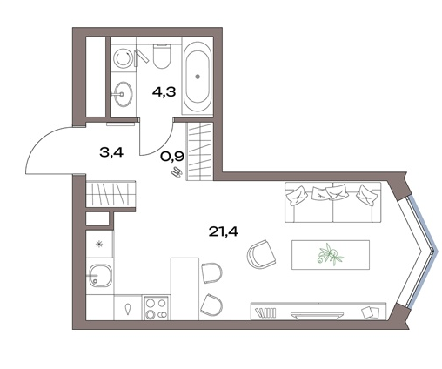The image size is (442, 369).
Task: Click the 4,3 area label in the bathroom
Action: click(x=164, y=92)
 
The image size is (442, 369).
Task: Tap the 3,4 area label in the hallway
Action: click(x=111, y=152)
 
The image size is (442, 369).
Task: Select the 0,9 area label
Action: click(x=172, y=157)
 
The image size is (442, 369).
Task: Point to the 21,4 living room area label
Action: click(x=224, y=231)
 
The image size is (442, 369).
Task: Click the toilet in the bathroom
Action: click(x=161, y=56)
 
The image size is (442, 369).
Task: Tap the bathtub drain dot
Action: click(x=198, y=77)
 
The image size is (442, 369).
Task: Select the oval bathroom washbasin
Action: click(x=123, y=94)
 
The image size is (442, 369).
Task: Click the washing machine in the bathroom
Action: click(x=124, y=58)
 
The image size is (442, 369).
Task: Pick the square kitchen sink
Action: click(x=100, y=275)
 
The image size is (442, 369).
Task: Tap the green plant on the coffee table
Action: click(x=331, y=254)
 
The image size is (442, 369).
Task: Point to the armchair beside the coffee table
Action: click(x=261, y=254)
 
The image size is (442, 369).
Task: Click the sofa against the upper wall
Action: click(x=333, y=202)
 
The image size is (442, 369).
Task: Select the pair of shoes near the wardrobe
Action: click(x=177, y=172)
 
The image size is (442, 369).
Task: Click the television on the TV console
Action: click(x=317, y=316)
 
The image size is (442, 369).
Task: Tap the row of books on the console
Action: click(x=265, y=313)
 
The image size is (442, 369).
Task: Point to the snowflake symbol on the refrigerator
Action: click(x=99, y=245)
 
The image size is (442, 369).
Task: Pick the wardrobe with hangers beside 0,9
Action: click(x=200, y=151)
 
